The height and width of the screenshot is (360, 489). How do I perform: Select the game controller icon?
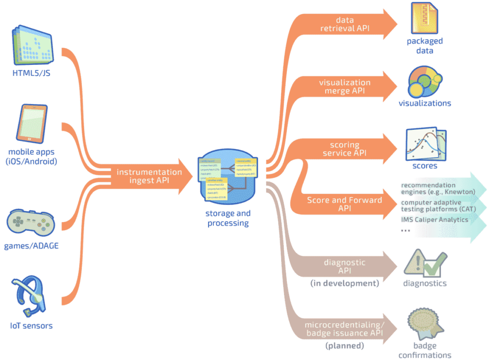point(31,222)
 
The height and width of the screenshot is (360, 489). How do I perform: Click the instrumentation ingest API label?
point(149,176)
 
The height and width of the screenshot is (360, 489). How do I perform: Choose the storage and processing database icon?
point(227,178)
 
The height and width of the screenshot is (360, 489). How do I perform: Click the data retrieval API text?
point(344,24)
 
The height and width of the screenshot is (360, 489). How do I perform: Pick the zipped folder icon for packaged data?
point(425,18)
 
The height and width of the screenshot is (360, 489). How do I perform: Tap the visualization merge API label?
point(344,86)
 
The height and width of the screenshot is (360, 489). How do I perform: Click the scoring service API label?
point(344,149)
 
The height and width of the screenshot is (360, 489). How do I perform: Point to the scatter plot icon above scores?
point(425,144)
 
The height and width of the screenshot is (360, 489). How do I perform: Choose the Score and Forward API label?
point(344,204)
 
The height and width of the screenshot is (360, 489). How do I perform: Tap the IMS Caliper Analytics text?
point(435,220)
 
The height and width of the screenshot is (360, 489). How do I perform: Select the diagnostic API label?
point(344,266)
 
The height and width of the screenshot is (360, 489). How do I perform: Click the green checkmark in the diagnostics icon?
point(434,266)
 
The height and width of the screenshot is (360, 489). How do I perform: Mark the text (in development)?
point(344,283)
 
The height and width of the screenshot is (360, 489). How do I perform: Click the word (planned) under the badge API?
point(344,345)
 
